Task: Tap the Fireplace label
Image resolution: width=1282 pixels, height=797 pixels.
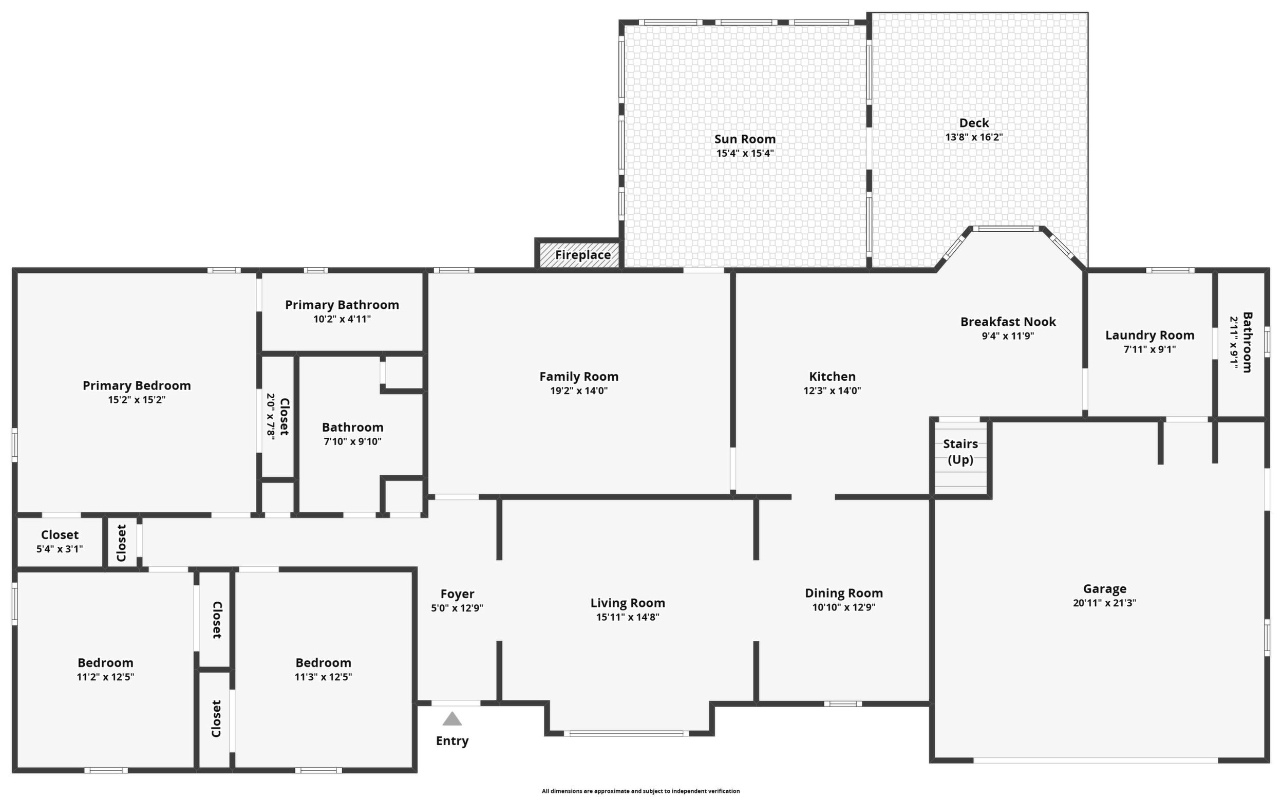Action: pyautogui.click(x=583, y=255)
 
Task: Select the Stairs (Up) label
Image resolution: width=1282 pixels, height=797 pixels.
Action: pyautogui.click(x=960, y=452)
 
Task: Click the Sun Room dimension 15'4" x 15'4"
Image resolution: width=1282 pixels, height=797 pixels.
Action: pyautogui.click(x=745, y=154)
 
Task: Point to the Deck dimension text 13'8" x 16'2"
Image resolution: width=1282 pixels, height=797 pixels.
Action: pyautogui.click(x=974, y=137)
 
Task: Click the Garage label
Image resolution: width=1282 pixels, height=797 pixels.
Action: pyautogui.click(x=1104, y=589)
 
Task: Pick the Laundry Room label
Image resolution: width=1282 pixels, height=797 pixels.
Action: pyautogui.click(x=1150, y=335)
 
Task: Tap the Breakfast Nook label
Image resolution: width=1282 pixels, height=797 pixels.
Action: pyautogui.click(x=1008, y=322)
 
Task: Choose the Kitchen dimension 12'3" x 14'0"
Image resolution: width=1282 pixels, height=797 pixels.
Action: pyautogui.click(x=832, y=391)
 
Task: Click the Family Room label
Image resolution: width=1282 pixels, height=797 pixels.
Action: pyautogui.click(x=579, y=376)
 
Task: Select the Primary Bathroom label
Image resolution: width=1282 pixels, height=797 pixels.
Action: pyautogui.click(x=342, y=305)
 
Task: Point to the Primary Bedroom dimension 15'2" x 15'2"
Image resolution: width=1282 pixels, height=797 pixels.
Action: pyautogui.click(x=137, y=400)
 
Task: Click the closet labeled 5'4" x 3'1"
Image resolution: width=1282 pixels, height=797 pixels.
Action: pyautogui.click(x=60, y=549)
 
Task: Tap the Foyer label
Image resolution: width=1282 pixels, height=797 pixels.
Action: pyautogui.click(x=457, y=594)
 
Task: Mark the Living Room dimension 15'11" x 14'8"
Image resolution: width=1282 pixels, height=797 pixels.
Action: pyautogui.click(x=628, y=617)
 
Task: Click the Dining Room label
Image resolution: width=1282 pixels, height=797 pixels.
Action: pyautogui.click(x=844, y=593)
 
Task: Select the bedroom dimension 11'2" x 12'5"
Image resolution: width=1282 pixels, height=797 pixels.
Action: pyautogui.click(x=105, y=677)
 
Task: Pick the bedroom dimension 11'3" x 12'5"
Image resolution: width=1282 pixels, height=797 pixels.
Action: pyautogui.click(x=324, y=677)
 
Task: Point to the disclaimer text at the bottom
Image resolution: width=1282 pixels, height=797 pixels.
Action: pyautogui.click(x=640, y=791)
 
